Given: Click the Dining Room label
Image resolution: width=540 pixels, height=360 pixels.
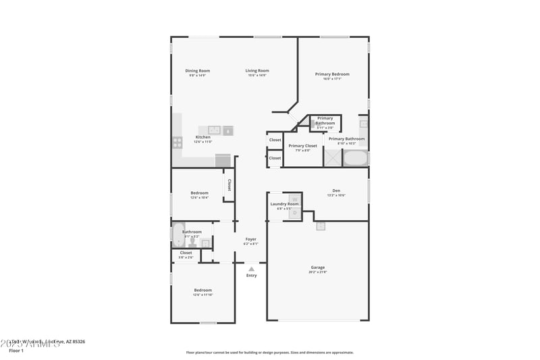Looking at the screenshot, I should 198,70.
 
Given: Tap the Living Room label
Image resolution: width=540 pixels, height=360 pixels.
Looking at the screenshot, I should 257,70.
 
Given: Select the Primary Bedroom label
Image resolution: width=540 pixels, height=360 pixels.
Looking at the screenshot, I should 332,74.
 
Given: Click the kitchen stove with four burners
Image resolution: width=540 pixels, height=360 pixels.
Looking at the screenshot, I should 178,142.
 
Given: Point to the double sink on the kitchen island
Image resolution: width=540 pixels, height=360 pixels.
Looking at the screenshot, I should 214,130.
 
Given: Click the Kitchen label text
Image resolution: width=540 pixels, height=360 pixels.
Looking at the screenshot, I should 203,137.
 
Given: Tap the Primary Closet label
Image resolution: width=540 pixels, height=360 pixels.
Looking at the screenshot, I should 302,145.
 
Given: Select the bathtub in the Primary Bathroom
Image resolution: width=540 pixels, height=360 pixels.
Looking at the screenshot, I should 356,159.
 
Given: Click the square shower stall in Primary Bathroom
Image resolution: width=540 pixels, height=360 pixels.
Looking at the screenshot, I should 332,158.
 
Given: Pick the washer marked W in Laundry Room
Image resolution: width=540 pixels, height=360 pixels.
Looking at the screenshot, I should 295,199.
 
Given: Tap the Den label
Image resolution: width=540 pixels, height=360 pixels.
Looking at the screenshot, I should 336,190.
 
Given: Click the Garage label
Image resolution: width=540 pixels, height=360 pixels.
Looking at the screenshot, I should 318,267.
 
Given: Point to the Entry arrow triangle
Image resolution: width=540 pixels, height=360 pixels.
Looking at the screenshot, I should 252,269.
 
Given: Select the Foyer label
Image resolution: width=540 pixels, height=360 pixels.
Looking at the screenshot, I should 251,239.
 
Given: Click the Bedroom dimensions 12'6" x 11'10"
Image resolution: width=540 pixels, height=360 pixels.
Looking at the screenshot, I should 203,295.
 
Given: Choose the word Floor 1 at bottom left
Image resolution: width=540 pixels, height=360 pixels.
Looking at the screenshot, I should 16,351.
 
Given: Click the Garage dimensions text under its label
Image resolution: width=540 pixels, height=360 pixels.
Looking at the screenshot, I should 318,272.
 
